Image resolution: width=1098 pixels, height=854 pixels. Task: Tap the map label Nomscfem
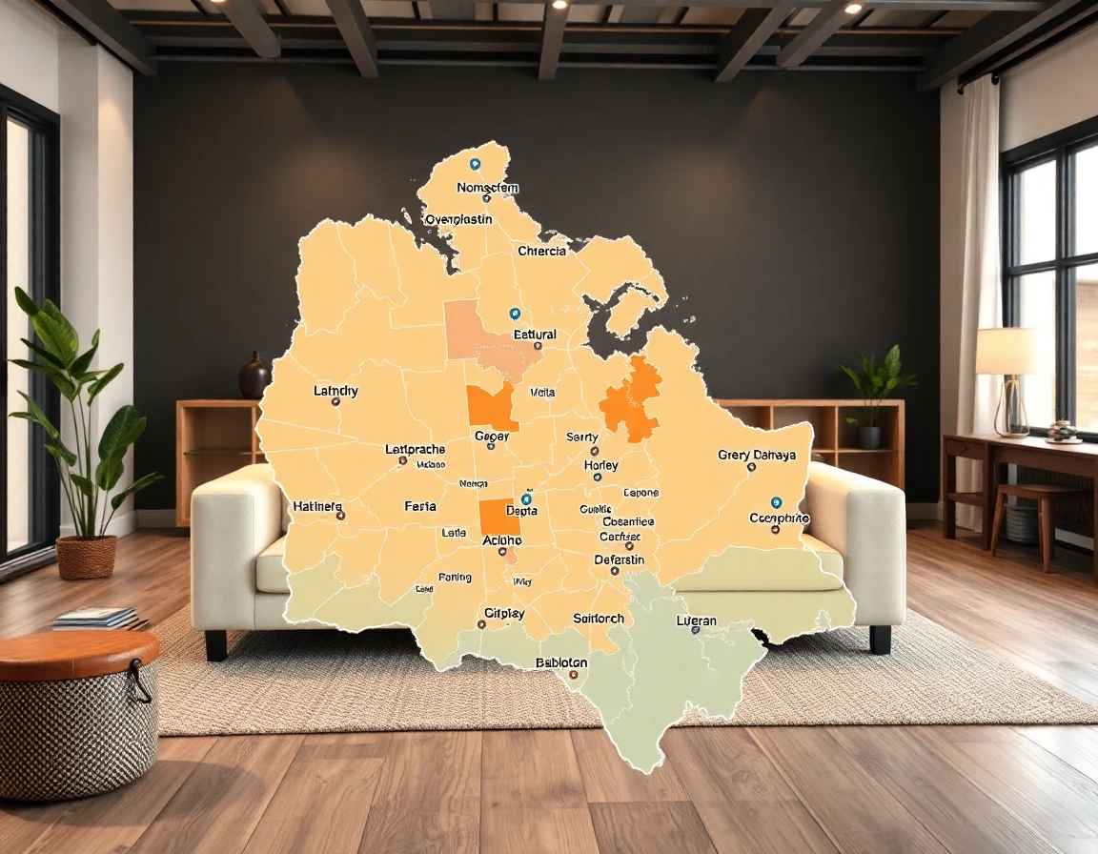click(x=487, y=188)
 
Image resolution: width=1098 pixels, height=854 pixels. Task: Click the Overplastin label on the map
click(x=458, y=219)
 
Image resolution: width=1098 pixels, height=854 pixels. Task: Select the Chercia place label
click(x=541, y=252)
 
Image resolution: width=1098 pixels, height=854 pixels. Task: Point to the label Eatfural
click(x=535, y=335)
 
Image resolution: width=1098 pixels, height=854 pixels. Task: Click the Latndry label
click(x=335, y=391)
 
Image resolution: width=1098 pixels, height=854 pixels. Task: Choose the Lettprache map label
click(x=415, y=449)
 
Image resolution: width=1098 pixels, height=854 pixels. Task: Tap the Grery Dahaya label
click(x=757, y=455)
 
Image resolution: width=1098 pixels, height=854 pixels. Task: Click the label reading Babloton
click(x=561, y=662)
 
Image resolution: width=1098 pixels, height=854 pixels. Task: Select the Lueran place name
click(x=696, y=620)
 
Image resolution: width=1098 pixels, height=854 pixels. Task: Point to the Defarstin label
click(x=620, y=559)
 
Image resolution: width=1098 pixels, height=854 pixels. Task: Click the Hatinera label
click(x=317, y=506)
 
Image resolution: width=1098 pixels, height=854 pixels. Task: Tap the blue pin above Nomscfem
click(x=475, y=164)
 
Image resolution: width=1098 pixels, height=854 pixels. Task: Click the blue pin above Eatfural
click(x=515, y=314)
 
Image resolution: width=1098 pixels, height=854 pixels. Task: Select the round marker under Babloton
click(x=573, y=675)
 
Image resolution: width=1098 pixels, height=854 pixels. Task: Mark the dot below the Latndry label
click(x=335, y=402)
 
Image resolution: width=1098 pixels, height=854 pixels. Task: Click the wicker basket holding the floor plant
click(x=87, y=557)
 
